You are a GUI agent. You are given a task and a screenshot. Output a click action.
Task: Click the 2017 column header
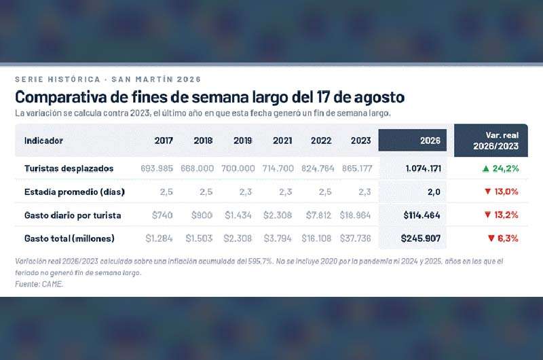point(164,141)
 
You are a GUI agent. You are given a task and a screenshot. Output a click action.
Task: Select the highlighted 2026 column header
point(430,141)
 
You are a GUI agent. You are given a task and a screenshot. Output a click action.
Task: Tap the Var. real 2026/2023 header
point(496,141)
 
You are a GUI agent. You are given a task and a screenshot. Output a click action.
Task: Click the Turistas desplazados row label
point(69,168)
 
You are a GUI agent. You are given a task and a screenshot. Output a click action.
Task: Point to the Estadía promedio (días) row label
point(75,192)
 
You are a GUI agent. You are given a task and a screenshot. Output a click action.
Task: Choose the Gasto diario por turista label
point(73,215)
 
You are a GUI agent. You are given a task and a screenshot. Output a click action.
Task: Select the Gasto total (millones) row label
point(69,238)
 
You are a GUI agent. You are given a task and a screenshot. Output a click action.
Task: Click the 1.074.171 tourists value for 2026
point(423,168)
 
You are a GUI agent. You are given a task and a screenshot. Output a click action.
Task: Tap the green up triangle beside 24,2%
point(486,168)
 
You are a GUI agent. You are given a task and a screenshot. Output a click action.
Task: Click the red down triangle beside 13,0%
point(488,192)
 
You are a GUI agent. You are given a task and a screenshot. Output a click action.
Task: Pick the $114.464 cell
point(422,215)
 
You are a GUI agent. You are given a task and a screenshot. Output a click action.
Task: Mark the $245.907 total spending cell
point(421,238)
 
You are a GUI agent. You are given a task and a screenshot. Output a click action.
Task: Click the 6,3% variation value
point(508,238)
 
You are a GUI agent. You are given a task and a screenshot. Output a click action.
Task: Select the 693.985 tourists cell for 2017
point(157,168)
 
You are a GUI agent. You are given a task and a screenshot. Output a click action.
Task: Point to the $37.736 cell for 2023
point(355,238)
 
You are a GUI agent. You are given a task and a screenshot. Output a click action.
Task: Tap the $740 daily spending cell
point(162,215)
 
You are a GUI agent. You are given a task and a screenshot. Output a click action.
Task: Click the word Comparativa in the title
point(61,97)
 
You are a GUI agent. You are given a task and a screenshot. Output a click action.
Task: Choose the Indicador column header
point(43,141)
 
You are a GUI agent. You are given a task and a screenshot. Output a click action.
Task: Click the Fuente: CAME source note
point(39,284)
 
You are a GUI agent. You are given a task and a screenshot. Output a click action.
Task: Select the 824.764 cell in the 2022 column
point(318,168)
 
